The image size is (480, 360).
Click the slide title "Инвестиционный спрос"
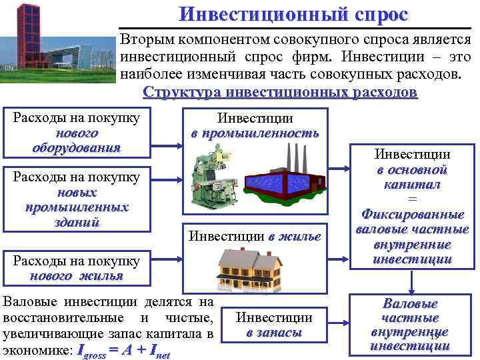pyautogui.click(x=294, y=14)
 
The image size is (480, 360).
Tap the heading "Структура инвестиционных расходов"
pyautogui.click(x=281, y=92)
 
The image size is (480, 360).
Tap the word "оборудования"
pyautogui.click(x=77, y=147)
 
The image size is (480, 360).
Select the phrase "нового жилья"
pyautogui.click(x=77, y=276)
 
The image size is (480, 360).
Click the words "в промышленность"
pyautogui.click(x=255, y=133)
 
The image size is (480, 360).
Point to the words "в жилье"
pyautogui.click(x=295, y=235)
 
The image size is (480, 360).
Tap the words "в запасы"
pyautogui.click(x=274, y=332)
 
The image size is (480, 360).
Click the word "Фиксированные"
pyautogui.click(x=412, y=215)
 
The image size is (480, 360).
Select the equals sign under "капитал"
pyautogui.click(x=412, y=199)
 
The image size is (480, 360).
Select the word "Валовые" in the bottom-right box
pyautogui.click(x=410, y=303)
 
